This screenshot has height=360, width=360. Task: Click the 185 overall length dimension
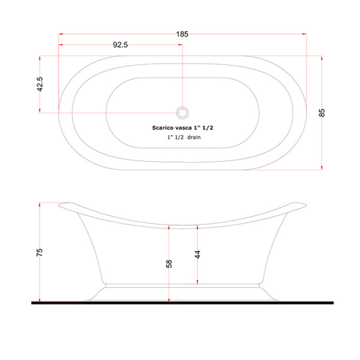(182, 34)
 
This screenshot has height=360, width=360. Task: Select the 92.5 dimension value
(121, 45)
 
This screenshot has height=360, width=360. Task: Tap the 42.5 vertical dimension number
(40, 84)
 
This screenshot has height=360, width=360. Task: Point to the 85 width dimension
(322, 113)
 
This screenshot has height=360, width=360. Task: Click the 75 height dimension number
(40, 253)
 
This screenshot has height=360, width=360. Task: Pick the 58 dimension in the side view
(169, 264)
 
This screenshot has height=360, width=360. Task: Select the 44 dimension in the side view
(197, 254)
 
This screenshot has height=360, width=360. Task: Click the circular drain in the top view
(182, 113)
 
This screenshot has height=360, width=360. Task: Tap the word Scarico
(162, 128)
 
